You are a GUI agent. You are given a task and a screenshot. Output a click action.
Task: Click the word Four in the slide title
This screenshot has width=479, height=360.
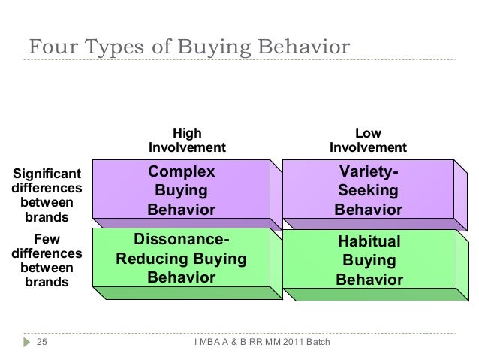click(51, 47)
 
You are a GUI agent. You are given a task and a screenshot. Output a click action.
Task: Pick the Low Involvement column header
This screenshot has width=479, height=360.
click(368, 139)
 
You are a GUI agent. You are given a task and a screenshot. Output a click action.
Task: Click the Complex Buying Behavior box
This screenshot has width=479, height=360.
click(180, 190)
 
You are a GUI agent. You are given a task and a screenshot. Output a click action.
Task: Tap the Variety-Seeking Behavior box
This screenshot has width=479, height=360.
click(368, 190)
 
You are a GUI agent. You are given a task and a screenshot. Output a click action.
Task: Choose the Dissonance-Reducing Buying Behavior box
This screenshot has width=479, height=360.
click(180, 260)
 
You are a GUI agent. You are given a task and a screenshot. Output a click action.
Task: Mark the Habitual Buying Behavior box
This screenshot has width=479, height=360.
click(369, 260)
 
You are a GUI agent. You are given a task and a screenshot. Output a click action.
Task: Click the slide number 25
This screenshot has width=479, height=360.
click(42, 343)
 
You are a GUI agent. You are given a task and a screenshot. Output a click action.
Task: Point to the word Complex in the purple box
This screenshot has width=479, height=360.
click(181, 171)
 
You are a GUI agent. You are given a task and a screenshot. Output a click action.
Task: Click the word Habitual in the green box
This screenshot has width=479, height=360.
click(369, 242)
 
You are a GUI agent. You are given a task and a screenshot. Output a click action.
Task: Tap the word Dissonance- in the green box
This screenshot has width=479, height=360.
click(181, 241)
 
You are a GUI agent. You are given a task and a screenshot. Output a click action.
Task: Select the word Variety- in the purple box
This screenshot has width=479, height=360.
click(369, 172)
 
